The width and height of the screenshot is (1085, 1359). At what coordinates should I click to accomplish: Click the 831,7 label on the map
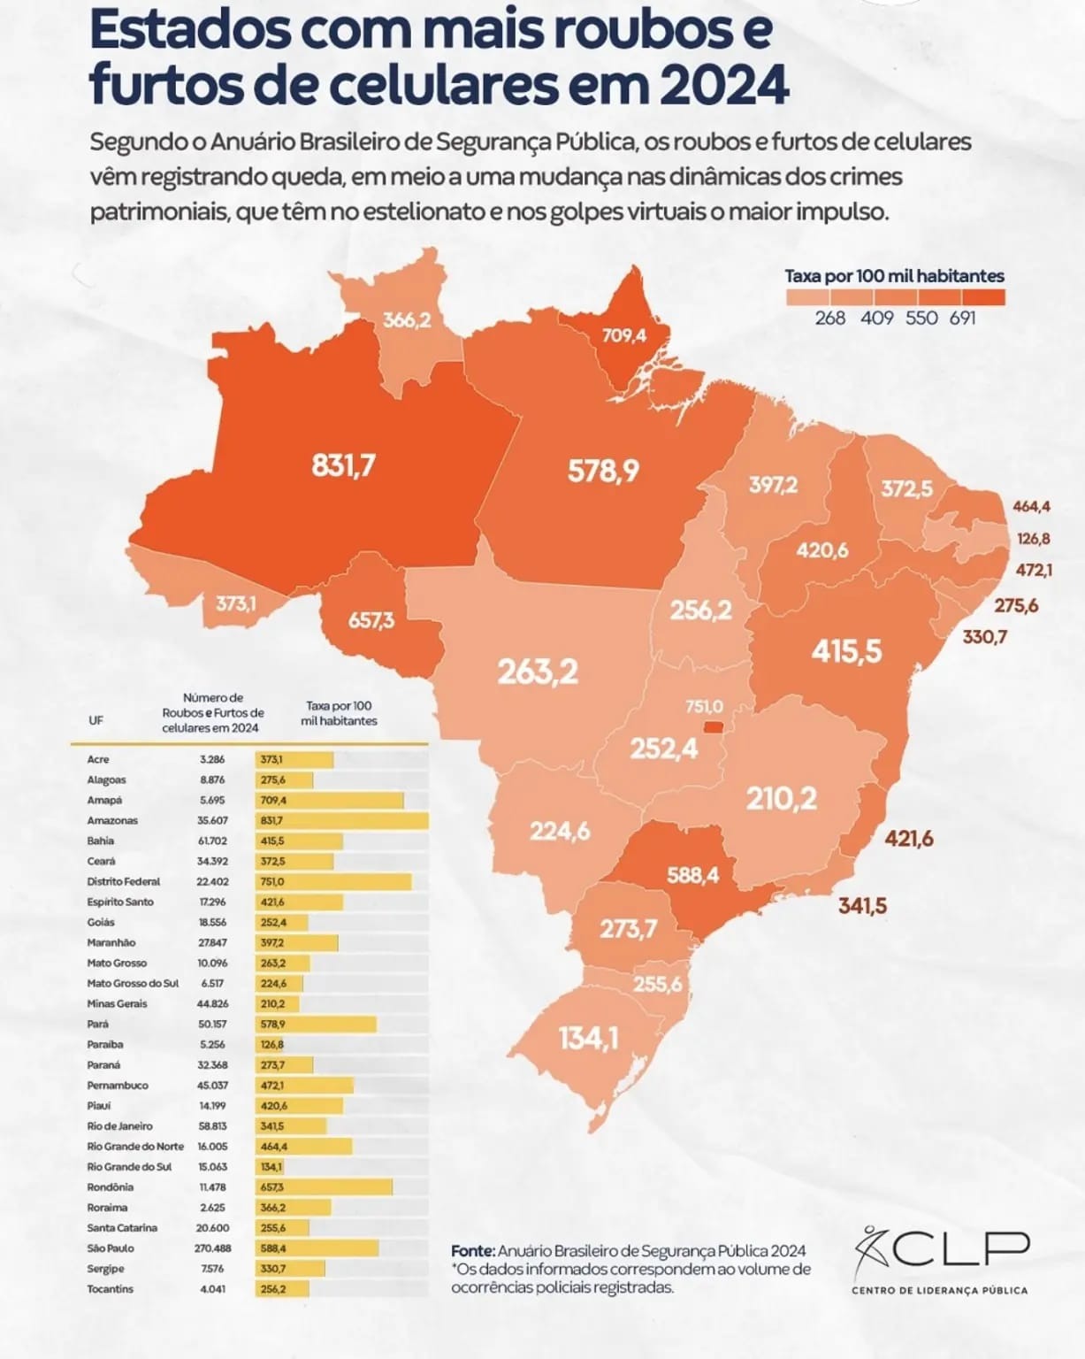coord(343,465)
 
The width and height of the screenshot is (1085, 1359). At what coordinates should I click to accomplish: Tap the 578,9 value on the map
coord(603,471)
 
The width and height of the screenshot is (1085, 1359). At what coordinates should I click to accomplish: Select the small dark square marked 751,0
coord(713,727)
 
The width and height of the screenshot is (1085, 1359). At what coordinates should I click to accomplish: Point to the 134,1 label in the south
coord(588,1038)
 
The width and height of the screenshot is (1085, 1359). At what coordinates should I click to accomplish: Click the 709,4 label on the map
coord(623,335)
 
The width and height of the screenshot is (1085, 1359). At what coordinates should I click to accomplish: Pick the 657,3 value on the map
coord(371,620)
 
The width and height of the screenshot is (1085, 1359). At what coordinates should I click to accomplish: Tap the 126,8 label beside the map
coord(1033,539)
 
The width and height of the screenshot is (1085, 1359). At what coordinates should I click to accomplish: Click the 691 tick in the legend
coord(962,318)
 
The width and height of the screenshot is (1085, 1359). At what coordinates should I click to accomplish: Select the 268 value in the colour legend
coord(829,318)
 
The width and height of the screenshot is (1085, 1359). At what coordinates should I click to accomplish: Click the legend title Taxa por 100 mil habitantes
coord(894,276)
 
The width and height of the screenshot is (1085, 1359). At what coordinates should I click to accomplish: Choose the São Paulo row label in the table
coord(111,1248)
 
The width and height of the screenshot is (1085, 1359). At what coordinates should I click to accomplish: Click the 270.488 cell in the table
coord(212,1248)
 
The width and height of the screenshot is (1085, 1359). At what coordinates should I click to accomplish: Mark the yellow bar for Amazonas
coord(341,821)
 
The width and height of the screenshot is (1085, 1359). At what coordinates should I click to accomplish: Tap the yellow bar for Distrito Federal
coord(333,882)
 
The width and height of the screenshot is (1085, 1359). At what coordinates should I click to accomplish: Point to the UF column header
coord(96,720)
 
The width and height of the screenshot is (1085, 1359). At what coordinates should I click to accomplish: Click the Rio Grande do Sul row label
coord(129,1167)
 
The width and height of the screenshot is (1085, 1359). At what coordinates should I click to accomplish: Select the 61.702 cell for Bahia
coord(212,841)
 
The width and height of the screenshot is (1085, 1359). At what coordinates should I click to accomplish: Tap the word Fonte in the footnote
coord(472,1251)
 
